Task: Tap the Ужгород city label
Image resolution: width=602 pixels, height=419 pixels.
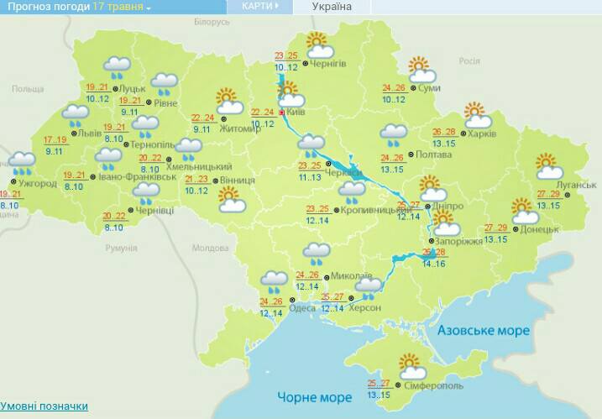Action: click(39, 183)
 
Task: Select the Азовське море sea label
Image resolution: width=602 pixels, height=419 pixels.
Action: click(483, 331)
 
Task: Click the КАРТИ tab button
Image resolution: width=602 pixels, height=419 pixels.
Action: click(259, 6)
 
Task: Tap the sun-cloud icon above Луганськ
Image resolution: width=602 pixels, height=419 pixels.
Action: click(547, 166)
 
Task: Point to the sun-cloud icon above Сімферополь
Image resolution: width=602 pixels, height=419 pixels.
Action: click(411, 365)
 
